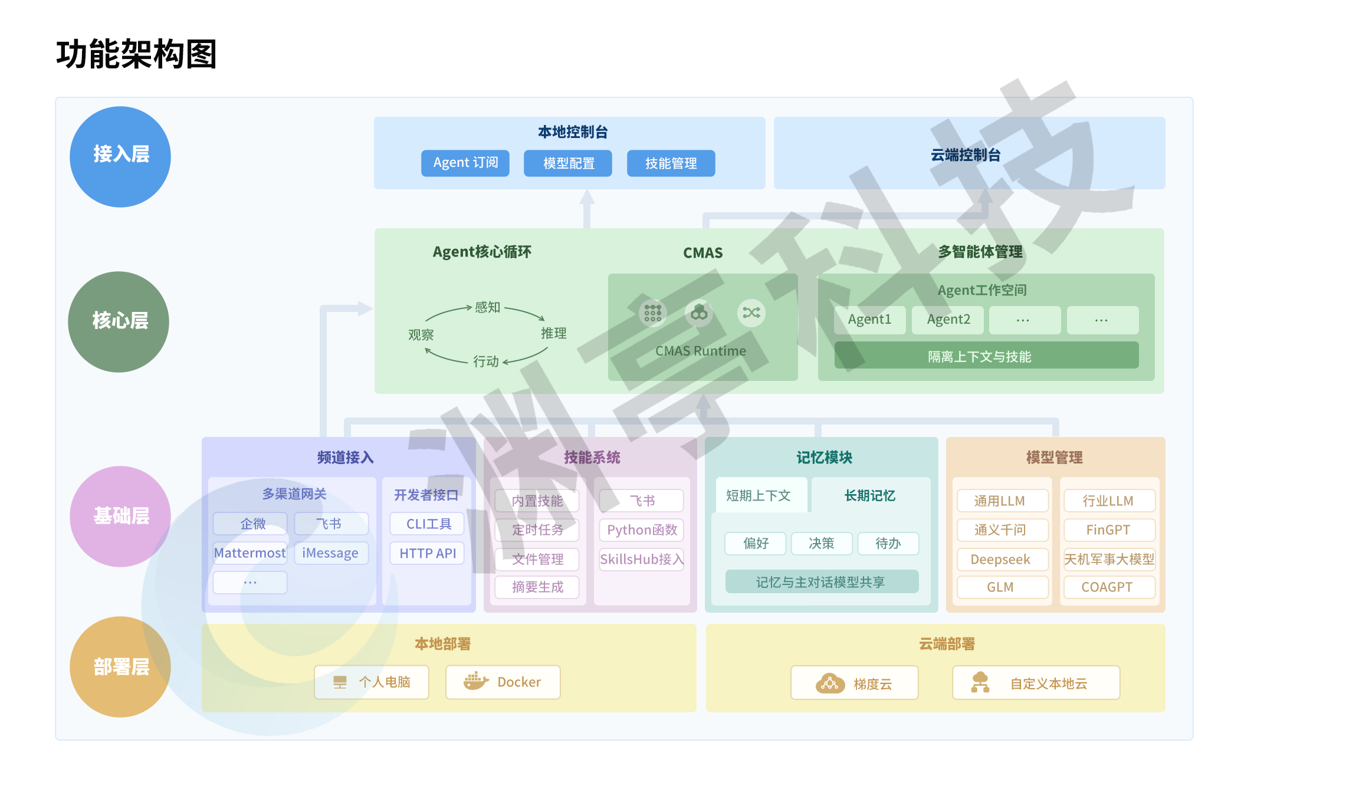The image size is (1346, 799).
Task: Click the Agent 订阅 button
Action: pyautogui.click(x=465, y=163)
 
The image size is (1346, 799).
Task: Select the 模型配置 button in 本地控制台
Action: pyautogui.click(x=567, y=163)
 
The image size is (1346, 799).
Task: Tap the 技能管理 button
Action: pyautogui.click(x=671, y=163)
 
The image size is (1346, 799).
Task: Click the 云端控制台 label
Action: pyautogui.click(x=966, y=154)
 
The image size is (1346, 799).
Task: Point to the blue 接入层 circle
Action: pyautogui.click(x=120, y=156)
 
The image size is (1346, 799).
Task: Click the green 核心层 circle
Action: pyautogui.click(x=119, y=321)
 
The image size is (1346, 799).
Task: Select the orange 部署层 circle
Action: pyautogui.click(x=120, y=666)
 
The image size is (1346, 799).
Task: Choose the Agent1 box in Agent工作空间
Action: pyautogui.click(x=869, y=320)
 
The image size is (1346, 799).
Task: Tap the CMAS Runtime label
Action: pyautogui.click(x=701, y=351)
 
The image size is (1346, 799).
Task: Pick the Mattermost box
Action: pyautogui.click(x=249, y=553)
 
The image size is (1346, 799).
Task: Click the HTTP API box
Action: pyautogui.click(x=428, y=553)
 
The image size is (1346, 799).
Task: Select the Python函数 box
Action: pyautogui.click(x=642, y=530)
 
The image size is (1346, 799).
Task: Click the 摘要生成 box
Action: pyautogui.click(x=537, y=587)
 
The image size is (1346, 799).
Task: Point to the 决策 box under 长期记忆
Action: pyautogui.click(x=821, y=543)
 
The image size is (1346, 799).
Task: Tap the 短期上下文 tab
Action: pyautogui.click(x=758, y=495)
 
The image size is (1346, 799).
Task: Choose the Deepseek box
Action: pyautogui.click(x=1000, y=559)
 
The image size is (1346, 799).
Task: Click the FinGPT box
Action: pyautogui.click(x=1108, y=530)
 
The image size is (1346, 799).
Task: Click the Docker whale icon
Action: pyautogui.click(x=475, y=681)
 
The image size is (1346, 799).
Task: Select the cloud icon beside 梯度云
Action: pyautogui.click(x=830, y=683)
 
